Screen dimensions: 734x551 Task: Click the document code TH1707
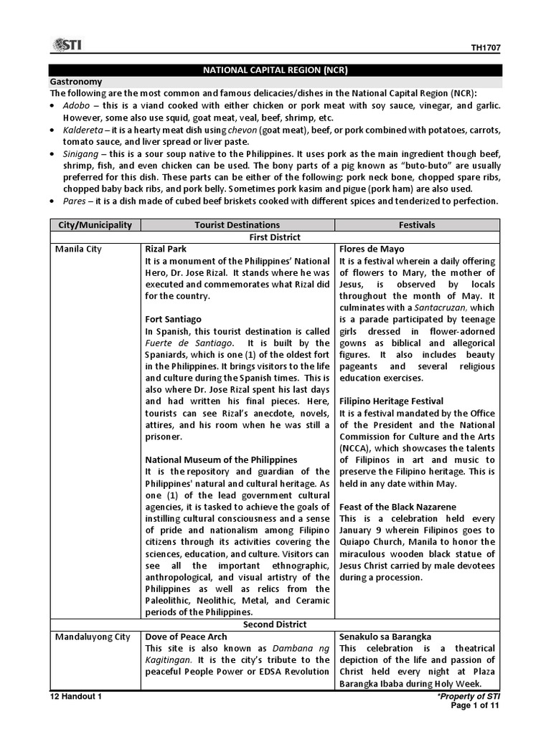486,48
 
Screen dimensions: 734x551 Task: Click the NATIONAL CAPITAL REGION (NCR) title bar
275,70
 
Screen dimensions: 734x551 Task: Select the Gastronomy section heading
76,82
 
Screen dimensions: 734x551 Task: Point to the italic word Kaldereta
79,130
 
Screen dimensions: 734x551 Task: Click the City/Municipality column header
95,225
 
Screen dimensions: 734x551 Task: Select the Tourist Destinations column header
237,225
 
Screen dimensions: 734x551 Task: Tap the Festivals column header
417,225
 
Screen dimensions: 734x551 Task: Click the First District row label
275,237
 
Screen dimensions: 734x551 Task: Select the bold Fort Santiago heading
174,319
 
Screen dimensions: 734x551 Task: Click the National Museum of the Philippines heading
221,459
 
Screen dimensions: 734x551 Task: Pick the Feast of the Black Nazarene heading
397,507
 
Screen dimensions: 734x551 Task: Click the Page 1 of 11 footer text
474,705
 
